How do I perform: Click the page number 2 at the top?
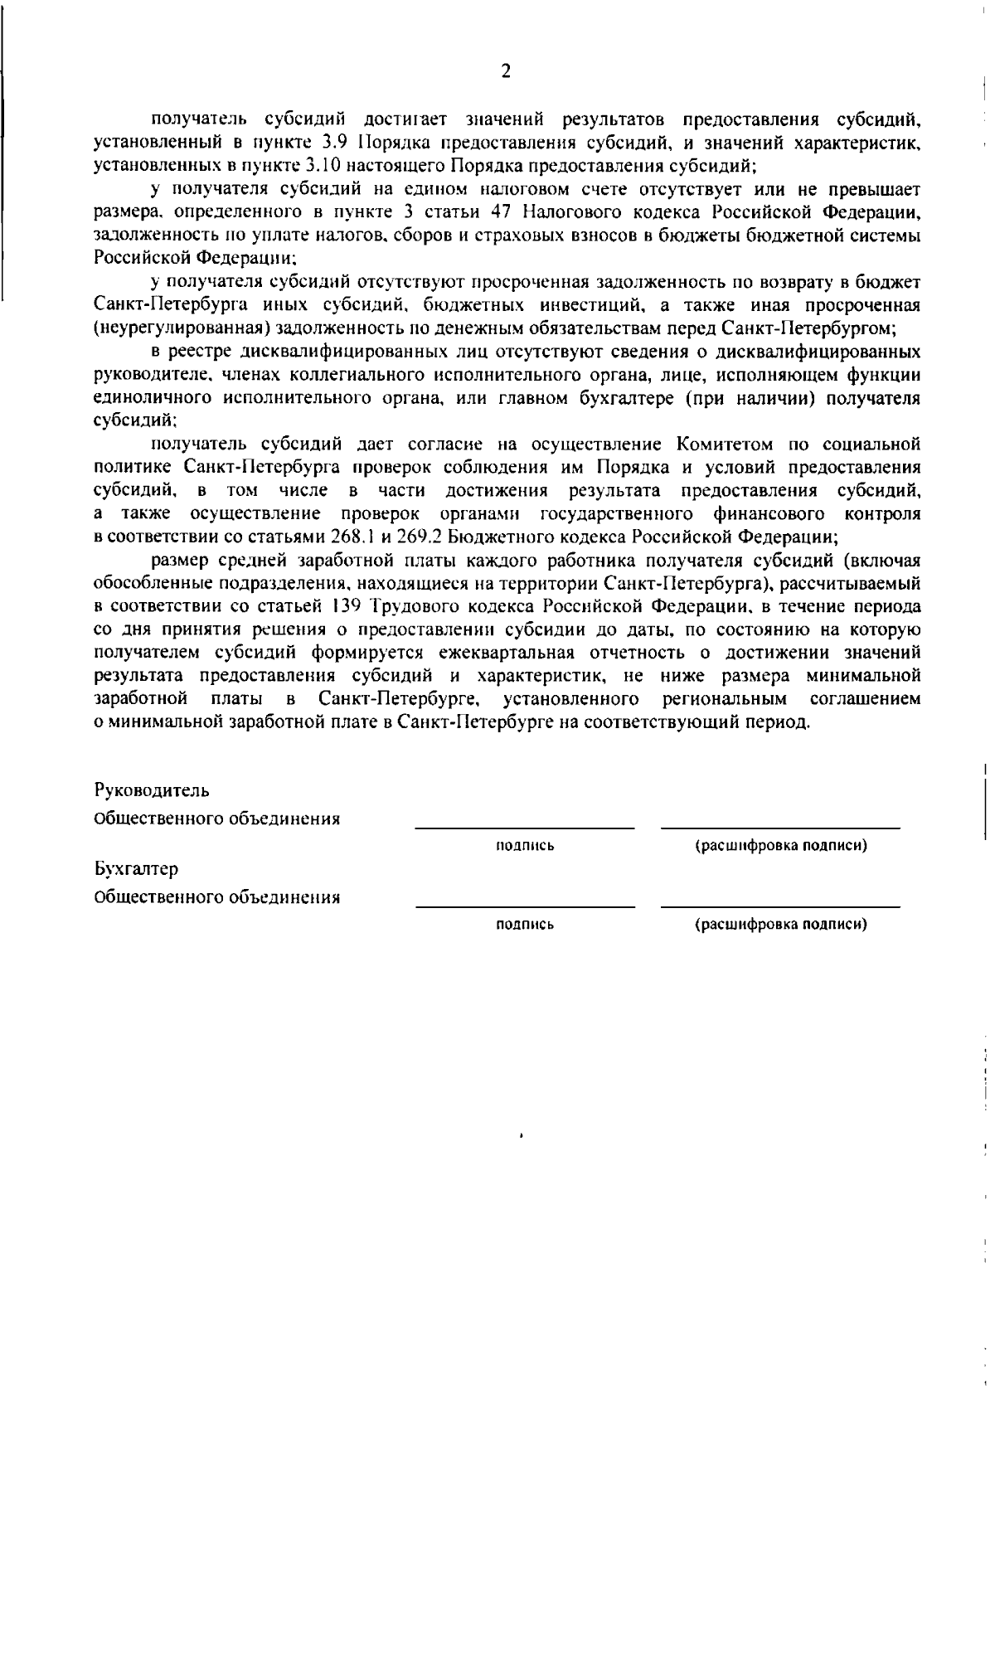coord(506,71)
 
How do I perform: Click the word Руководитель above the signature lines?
coord(152,789)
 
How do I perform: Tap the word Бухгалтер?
coord(137,869)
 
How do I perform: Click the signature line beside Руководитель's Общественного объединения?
coord(524,827)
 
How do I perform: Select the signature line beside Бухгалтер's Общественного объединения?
coord(524,906)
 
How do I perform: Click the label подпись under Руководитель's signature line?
coord(524,846)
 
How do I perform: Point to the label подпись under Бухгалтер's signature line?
coord(524,924)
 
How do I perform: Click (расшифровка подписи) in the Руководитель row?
coord(780,846)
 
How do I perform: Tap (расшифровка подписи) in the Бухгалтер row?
coord(780,924)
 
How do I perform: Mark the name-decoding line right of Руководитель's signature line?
coord(780,827)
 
